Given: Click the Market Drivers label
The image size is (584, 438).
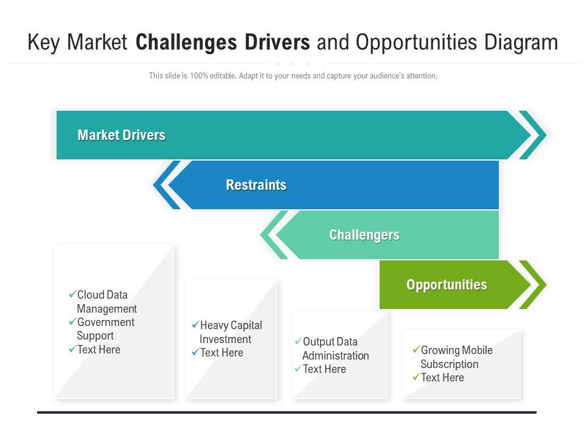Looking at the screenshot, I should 121,135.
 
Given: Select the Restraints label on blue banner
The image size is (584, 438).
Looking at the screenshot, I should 255,185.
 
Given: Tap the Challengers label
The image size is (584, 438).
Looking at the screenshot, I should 364,235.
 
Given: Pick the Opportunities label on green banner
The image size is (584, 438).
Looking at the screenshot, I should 447,285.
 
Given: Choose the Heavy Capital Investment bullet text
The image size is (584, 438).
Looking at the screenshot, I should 230,332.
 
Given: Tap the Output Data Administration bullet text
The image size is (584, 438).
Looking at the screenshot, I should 335,349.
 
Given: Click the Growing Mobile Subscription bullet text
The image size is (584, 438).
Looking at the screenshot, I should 456,357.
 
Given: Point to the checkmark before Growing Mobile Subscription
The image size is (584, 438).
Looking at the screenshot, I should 416,350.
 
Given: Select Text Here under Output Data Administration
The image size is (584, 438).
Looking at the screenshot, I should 324,369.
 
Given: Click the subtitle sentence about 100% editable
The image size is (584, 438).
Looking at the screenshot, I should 293,76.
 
